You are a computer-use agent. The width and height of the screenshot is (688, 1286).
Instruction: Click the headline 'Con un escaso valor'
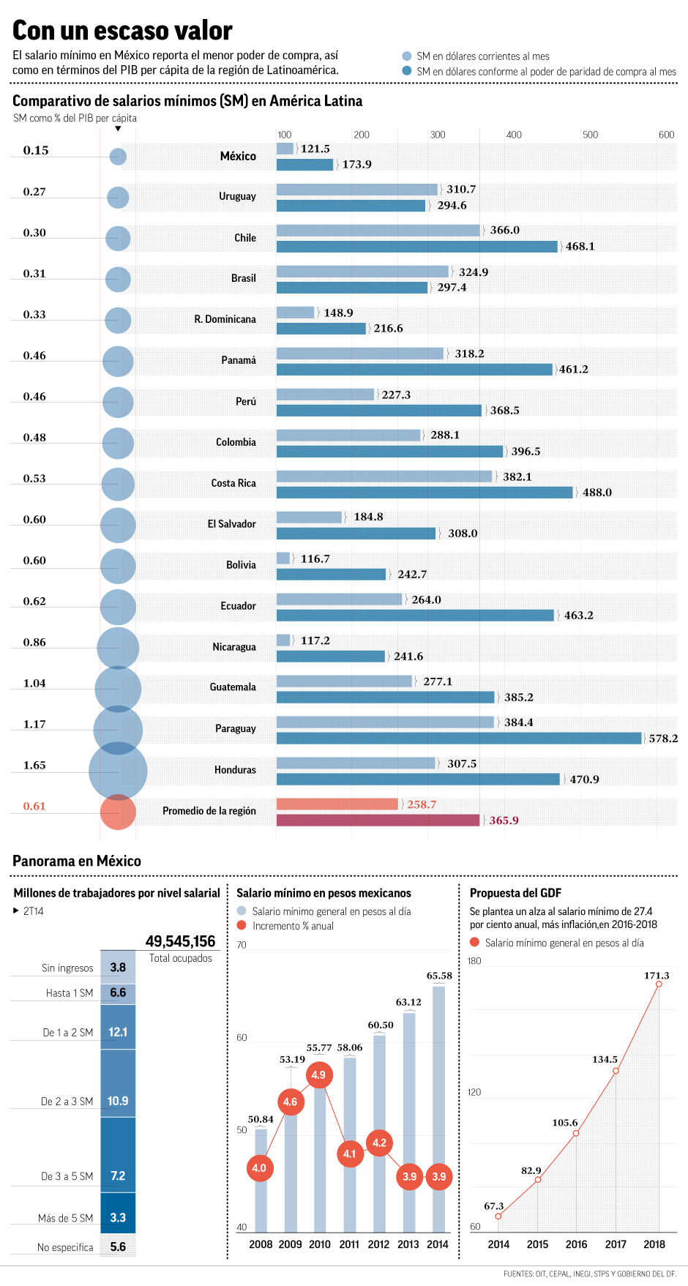coord(122,31)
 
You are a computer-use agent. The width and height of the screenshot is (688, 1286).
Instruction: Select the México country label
coord(238,156)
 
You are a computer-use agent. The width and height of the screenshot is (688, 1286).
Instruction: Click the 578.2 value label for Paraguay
coord(663,739)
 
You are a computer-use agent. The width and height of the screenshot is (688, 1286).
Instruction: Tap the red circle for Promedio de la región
coord(118,812)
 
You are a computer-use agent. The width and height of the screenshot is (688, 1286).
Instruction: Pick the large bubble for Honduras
coord(118,771)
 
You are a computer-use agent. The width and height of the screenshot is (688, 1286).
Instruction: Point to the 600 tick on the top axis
coord(666,135)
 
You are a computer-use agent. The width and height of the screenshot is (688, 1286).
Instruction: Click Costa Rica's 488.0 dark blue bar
coord(425,493)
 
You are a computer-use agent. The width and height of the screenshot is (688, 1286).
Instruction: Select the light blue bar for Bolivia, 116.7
coord(283,558)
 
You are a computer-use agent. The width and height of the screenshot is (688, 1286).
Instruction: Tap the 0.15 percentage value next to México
coord(36,151)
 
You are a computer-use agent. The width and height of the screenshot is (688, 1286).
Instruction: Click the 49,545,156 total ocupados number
coord(180,941)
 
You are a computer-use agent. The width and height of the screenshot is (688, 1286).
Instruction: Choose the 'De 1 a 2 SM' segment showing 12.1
coord(118,1032)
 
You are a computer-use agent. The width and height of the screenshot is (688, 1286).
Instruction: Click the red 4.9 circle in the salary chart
coord(318,1075)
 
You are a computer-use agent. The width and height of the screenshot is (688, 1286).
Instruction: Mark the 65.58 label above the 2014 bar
coord(439,976)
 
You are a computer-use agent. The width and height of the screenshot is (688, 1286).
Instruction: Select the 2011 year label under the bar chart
coord(349,1244)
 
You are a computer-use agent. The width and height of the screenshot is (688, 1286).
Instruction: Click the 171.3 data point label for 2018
coord(657,976)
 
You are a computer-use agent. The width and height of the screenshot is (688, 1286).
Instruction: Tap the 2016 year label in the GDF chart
coord(576,1244)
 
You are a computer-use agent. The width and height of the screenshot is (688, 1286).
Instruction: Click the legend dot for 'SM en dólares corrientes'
coord(407,56)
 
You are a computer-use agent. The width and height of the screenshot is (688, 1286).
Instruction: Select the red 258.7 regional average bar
coord(337,804)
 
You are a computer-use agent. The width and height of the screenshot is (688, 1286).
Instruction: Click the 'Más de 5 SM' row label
coord(66,1218)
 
